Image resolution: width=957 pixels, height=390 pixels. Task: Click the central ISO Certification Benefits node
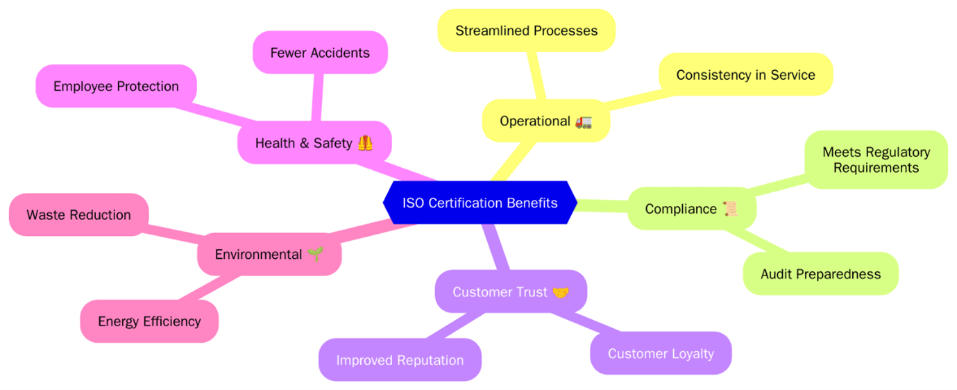[x=480, y=203]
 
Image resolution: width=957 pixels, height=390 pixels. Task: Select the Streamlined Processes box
[x=526, y=31]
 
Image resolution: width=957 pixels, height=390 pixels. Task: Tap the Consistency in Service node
[x=745, y=74]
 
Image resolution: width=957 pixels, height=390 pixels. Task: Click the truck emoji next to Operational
[x=583, y=121]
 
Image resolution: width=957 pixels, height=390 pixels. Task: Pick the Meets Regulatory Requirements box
[x=876, y=160]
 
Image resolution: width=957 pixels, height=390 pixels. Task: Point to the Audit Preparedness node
[x=820, y=273]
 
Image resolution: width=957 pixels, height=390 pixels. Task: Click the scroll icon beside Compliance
[x=729, y=209]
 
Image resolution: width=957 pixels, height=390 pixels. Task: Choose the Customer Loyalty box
[x=661, y=353]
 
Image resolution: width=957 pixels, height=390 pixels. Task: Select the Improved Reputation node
[x=400, y=359]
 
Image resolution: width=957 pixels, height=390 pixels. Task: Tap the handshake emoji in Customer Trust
[x=560, y=292]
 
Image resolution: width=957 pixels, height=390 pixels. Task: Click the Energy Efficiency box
[x=149, y=321]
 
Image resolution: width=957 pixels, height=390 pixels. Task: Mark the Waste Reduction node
[x=78, y=214]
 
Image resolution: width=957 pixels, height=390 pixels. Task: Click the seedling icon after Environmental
[x=315, y=254]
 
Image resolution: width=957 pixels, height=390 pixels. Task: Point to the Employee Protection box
[x=116, y=86]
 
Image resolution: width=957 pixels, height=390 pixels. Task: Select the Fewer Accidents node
[x=320, y=52]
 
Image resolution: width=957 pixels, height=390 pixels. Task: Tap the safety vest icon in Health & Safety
[x=365, y=143]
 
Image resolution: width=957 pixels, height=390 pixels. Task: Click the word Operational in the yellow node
[x=535, y=121]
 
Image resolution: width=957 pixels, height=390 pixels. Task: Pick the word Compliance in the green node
[x=681, y=209]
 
